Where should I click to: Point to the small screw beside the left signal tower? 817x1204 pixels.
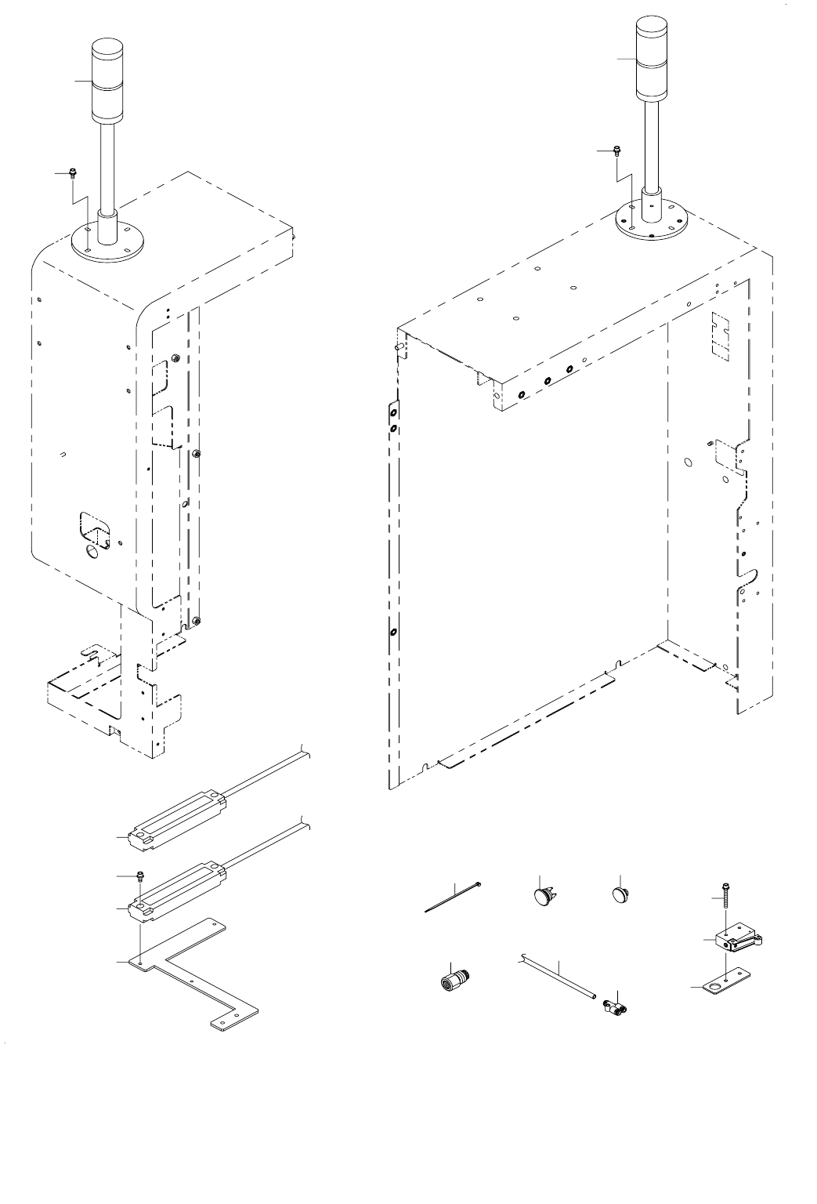pyautogui.click(x=72, y=172)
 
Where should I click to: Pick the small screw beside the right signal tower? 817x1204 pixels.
pyautogui.click(x=617, y=150)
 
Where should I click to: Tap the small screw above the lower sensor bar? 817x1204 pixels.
pyautogui.click(x=139, y=875)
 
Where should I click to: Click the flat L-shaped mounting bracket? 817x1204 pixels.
pyautogui.click(x=196, y=976)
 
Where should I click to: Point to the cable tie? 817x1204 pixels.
pyautogui.click(x=452, y=898)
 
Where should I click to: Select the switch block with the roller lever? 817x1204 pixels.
pyautogui.click(x=736, y=941)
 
